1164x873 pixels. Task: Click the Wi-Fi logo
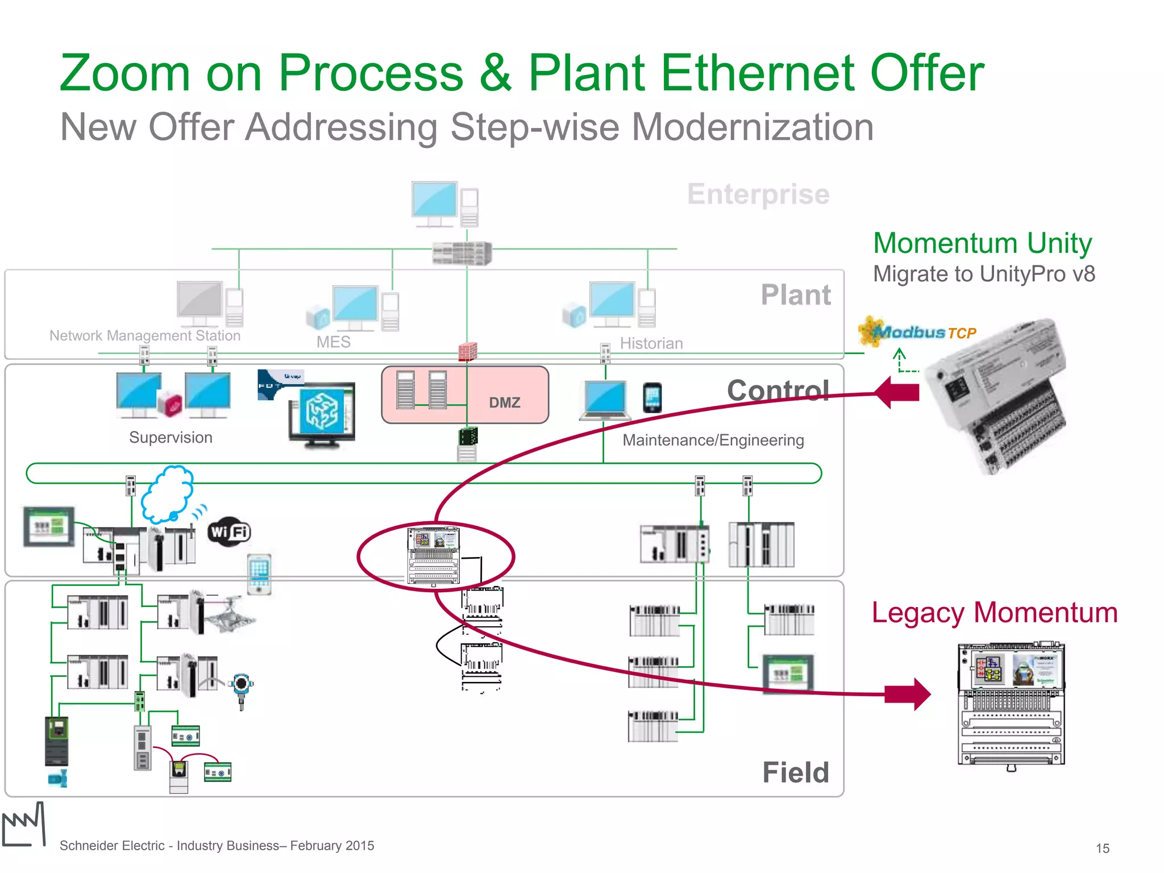(x=228, y=532)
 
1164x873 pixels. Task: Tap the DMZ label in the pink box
(x=504, y=402)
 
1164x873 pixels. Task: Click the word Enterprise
(x=758, y=194)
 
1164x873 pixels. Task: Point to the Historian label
(x=651, y=343)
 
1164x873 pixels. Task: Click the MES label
(x=333, y=342)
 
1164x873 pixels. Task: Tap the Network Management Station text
(x=145, y=335)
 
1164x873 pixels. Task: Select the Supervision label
(x=171, y=438)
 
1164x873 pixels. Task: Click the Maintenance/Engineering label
(x=713, y=440)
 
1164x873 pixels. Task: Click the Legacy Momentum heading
(x=995, y=613)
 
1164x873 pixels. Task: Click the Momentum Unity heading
(x=982, y=243)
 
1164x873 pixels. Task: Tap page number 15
(x=1102, y=848)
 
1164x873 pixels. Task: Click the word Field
(x=795, y=772)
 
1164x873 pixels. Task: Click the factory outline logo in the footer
(x=24, y=825)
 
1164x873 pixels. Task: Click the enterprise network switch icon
(x=462, y=253)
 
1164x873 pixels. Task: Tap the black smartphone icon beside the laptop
(x=652, y=397)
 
